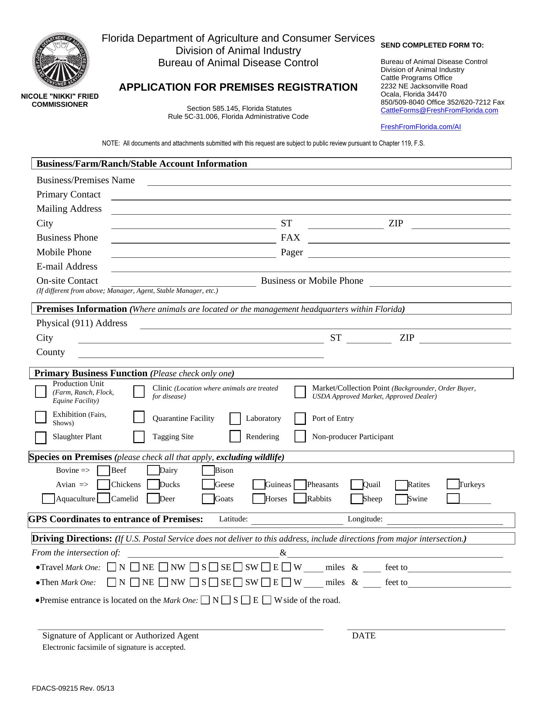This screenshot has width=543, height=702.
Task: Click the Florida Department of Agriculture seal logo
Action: click(x=61, y=61)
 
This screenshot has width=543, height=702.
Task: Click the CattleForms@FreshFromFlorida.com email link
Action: click(x=439, y=110)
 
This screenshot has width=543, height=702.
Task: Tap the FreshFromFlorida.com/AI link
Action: click(x=420, y=127)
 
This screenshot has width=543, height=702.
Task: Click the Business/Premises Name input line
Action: click(x=329, y=182)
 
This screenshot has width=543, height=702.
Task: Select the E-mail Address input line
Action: click(x=311, y=268)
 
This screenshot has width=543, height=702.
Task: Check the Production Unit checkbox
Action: click(x=41, y=392)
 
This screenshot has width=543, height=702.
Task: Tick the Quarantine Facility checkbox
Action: click(x=139, y=417)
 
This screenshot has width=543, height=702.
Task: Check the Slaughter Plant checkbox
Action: click(x=41, y=437)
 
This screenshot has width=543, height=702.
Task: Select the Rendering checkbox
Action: click(x=235, y=437)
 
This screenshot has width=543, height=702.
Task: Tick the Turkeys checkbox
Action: click(x=453, y=484)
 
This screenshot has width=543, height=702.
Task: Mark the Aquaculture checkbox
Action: click(x=48, y=499)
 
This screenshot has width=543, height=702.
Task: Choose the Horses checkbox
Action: click(x=259, y=499)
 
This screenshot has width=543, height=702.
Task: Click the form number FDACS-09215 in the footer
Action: click(x=73, y=688)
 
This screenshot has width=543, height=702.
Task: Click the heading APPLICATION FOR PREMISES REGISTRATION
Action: click(x=238, y=87)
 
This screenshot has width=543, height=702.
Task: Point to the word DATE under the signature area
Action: click(x=364, y=636)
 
